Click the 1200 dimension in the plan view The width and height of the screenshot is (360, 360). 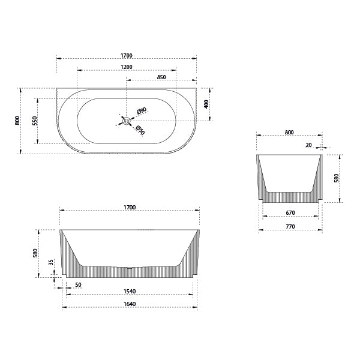[127, 67]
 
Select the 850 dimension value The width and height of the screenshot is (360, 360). [161, 77]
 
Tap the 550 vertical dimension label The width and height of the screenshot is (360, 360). [35, 121]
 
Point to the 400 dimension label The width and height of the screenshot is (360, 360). [206, 104]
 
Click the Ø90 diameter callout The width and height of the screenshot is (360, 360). [141, 110]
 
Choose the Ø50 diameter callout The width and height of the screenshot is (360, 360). [140, 130]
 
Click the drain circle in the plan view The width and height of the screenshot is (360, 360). [127, 121]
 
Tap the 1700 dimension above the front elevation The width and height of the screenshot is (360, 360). [130, 208]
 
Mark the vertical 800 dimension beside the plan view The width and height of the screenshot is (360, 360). [18, 121]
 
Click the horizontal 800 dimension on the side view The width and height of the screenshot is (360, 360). [289, 133]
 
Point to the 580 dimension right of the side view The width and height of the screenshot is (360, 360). [337, 178]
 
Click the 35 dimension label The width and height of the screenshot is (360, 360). [51, 262]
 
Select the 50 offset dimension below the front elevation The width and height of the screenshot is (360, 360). [78, 285]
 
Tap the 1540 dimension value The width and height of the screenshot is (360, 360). [130, 292]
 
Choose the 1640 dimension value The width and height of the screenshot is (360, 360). [130, 304]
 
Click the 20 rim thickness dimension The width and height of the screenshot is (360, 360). [308, 145]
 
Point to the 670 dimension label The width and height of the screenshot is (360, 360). [290, 213]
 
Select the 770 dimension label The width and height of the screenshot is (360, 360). [290, 227]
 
